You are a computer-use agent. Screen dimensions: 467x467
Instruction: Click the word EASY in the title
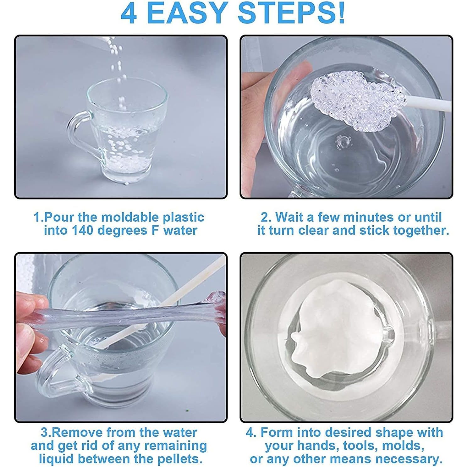click(188, 13)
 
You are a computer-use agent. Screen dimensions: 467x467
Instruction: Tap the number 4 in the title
click(129, 13)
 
